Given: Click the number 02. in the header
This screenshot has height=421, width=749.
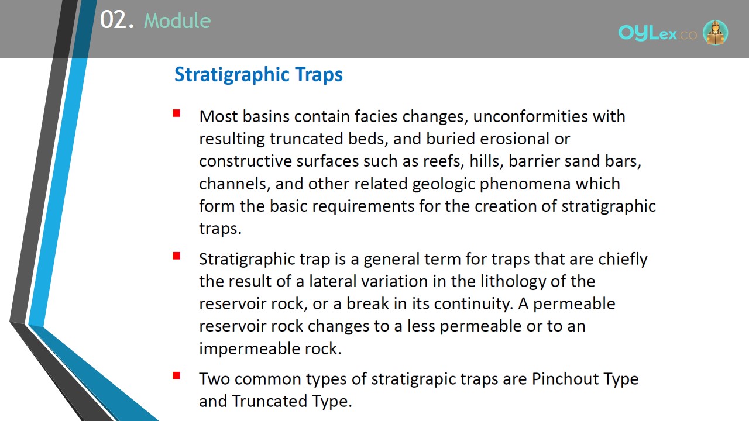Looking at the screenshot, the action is click(116, 20).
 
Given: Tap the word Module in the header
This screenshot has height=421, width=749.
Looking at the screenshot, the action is click(177, 20).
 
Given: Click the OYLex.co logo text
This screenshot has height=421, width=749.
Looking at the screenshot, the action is click(657, 33).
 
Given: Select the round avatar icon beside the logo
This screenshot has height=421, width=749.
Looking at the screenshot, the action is click(715, 32).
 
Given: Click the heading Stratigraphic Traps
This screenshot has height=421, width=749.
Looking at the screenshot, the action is click(259, 74).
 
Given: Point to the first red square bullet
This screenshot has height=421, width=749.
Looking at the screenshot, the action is click(177, 113).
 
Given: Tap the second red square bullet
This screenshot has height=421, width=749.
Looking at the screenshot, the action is click(177, 256).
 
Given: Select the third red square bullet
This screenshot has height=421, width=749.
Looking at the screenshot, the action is click(177, 376).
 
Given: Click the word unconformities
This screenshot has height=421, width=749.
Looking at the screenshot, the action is click(530, 116).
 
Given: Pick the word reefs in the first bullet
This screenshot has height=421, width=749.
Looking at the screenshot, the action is click(444, 161).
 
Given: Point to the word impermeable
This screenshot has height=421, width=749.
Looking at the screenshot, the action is click(249, 349).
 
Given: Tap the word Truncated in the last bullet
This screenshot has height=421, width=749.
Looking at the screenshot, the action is click(269, 401).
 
